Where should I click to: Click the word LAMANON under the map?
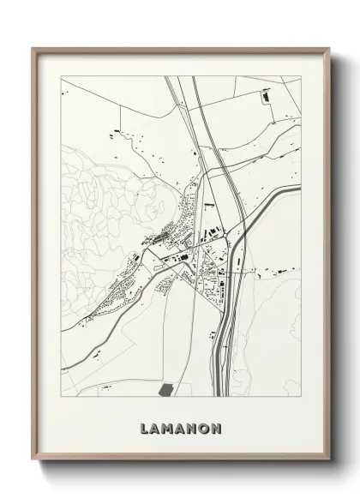pyautogui.click(x=180, y=427)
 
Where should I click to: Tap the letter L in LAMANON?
pyautogui.click(x=141, y=427)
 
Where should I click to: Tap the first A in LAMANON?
pyautogui.click(x=153, y=427)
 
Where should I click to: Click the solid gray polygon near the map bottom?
pyautogui.click(x=166, y=389)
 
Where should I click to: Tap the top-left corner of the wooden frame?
pyautogui.click(x=34, y=49)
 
